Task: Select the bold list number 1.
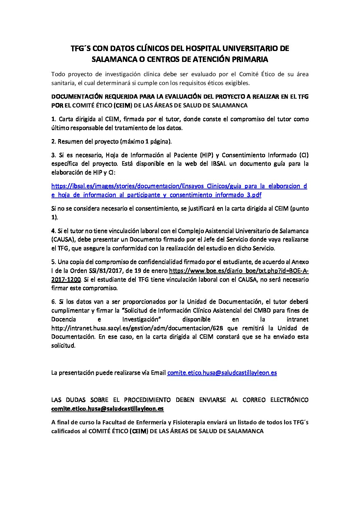[x=53, y=119]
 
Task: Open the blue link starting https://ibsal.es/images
[x=179, y=186]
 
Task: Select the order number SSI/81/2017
[x=98, y=271]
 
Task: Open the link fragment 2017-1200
[x=66, y=279]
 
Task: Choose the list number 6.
[x=53, y=302]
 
